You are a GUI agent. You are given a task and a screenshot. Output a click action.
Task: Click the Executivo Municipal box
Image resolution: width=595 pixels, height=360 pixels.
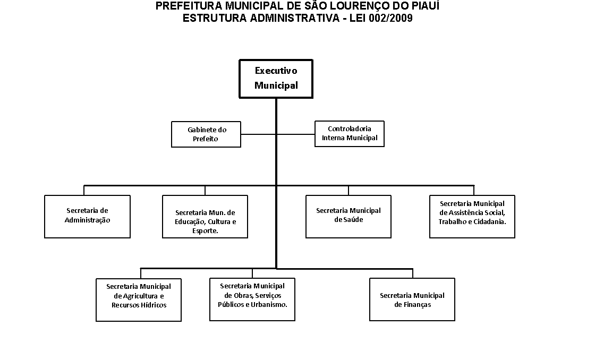coord(276,79)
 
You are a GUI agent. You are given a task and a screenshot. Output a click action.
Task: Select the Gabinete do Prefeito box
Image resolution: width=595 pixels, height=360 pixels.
coord(206,134)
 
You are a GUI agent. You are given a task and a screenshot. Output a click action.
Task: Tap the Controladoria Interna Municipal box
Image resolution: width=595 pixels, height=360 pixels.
coord(350,133)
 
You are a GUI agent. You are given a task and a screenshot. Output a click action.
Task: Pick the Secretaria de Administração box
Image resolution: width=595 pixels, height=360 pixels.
coord(87,217)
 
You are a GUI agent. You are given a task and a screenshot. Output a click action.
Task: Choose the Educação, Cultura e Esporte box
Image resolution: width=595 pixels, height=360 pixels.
coord(205,217)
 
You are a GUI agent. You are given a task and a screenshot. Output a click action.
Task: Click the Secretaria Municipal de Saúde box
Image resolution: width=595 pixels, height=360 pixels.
coord(348,217)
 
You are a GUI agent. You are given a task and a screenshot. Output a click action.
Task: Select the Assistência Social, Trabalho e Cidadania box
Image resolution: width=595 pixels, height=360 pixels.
coord(472,217)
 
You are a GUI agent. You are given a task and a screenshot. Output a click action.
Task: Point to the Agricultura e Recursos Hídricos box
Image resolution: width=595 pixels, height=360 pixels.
coord(139,300)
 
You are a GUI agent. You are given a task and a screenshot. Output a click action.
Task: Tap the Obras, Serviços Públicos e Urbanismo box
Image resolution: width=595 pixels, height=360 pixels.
coord(252,299)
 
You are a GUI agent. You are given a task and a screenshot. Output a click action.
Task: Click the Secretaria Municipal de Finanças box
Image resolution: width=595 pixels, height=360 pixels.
coord(412,299)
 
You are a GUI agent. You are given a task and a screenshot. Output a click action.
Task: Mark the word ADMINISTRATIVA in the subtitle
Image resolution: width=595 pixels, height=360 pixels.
coord(294,18)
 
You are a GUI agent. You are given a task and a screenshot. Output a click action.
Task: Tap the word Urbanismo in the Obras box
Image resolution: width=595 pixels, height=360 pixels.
coord(269,304)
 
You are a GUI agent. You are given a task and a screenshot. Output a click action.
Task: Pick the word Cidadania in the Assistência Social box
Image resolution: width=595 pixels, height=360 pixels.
coord(489,221)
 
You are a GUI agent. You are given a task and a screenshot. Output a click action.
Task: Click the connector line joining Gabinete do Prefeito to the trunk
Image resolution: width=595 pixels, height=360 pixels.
coord(258,134)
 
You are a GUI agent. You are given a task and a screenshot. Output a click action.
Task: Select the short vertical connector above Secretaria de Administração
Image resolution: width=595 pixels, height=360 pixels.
coord(84,190)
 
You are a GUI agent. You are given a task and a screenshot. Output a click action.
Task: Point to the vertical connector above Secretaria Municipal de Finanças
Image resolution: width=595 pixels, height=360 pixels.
coord(412,273)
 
